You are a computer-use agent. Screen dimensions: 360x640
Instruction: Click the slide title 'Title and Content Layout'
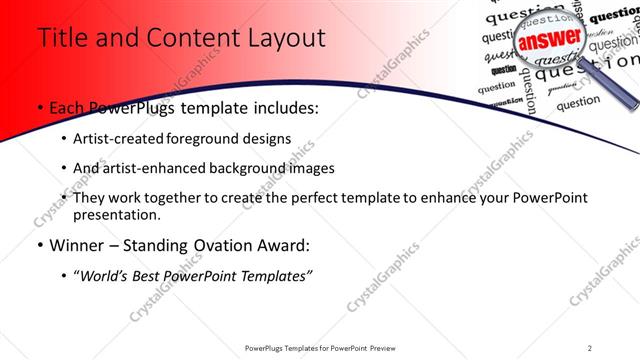coord(181,39)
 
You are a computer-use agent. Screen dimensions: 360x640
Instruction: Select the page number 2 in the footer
coord(590,347)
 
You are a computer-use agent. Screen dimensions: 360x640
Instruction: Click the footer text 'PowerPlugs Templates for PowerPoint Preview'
coord(319,347)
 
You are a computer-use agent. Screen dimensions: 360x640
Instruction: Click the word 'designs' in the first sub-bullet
coord(268,138)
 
